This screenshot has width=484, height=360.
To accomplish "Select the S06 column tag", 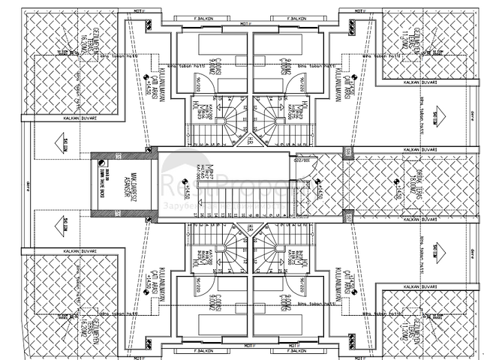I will pyautogui.click(x=347, y=152).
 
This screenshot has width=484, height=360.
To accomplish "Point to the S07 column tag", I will pyautogui.click(x=347, y=216).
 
